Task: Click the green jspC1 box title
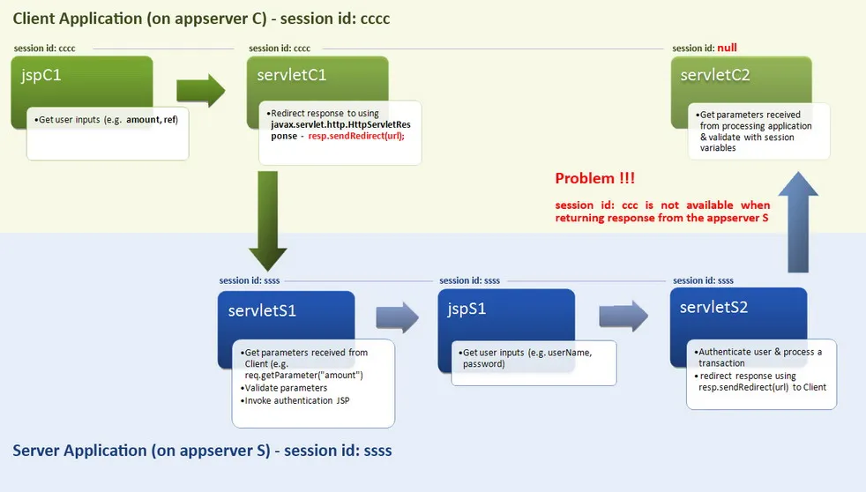(41, 76)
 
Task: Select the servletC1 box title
(292, 75)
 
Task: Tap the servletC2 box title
(715, 75)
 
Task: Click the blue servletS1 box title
(262, 310)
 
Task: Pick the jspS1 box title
(467, 309)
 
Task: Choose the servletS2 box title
(715, 307)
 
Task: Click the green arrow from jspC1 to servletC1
(201, 90)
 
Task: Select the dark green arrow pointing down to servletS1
(267, 220)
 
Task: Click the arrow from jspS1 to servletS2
(623, 317)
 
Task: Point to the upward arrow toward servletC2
(798, 224)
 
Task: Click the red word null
(728, 48)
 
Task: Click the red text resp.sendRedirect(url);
(356, 137)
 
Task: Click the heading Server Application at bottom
(202, 451)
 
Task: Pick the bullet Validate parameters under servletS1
(286, 388)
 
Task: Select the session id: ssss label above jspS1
(469, 280)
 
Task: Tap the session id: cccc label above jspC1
(45, 48)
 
